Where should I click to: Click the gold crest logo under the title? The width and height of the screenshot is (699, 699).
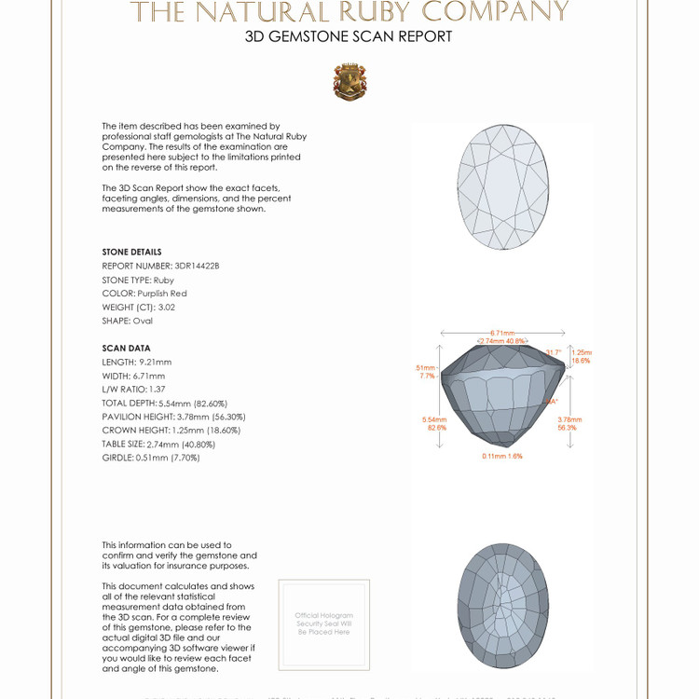349,82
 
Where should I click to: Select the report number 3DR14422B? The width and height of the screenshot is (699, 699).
197,266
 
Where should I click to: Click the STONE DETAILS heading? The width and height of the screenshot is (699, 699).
131,252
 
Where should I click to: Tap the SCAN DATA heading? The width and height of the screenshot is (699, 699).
126,348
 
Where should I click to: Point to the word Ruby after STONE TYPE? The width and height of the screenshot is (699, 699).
164,280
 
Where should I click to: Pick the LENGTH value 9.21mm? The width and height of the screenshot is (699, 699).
155,362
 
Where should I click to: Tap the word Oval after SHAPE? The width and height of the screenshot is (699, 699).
142,321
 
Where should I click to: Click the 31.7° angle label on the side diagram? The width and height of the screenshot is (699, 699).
554,352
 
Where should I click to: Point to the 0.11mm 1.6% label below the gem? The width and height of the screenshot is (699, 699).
502,456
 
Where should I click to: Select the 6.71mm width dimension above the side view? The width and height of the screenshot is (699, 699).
502,333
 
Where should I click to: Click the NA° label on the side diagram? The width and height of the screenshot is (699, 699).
552,402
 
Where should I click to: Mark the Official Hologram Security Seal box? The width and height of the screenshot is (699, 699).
324,624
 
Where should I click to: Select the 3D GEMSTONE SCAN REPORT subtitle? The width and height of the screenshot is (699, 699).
349,37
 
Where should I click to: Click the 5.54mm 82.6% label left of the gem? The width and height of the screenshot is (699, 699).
434,424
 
